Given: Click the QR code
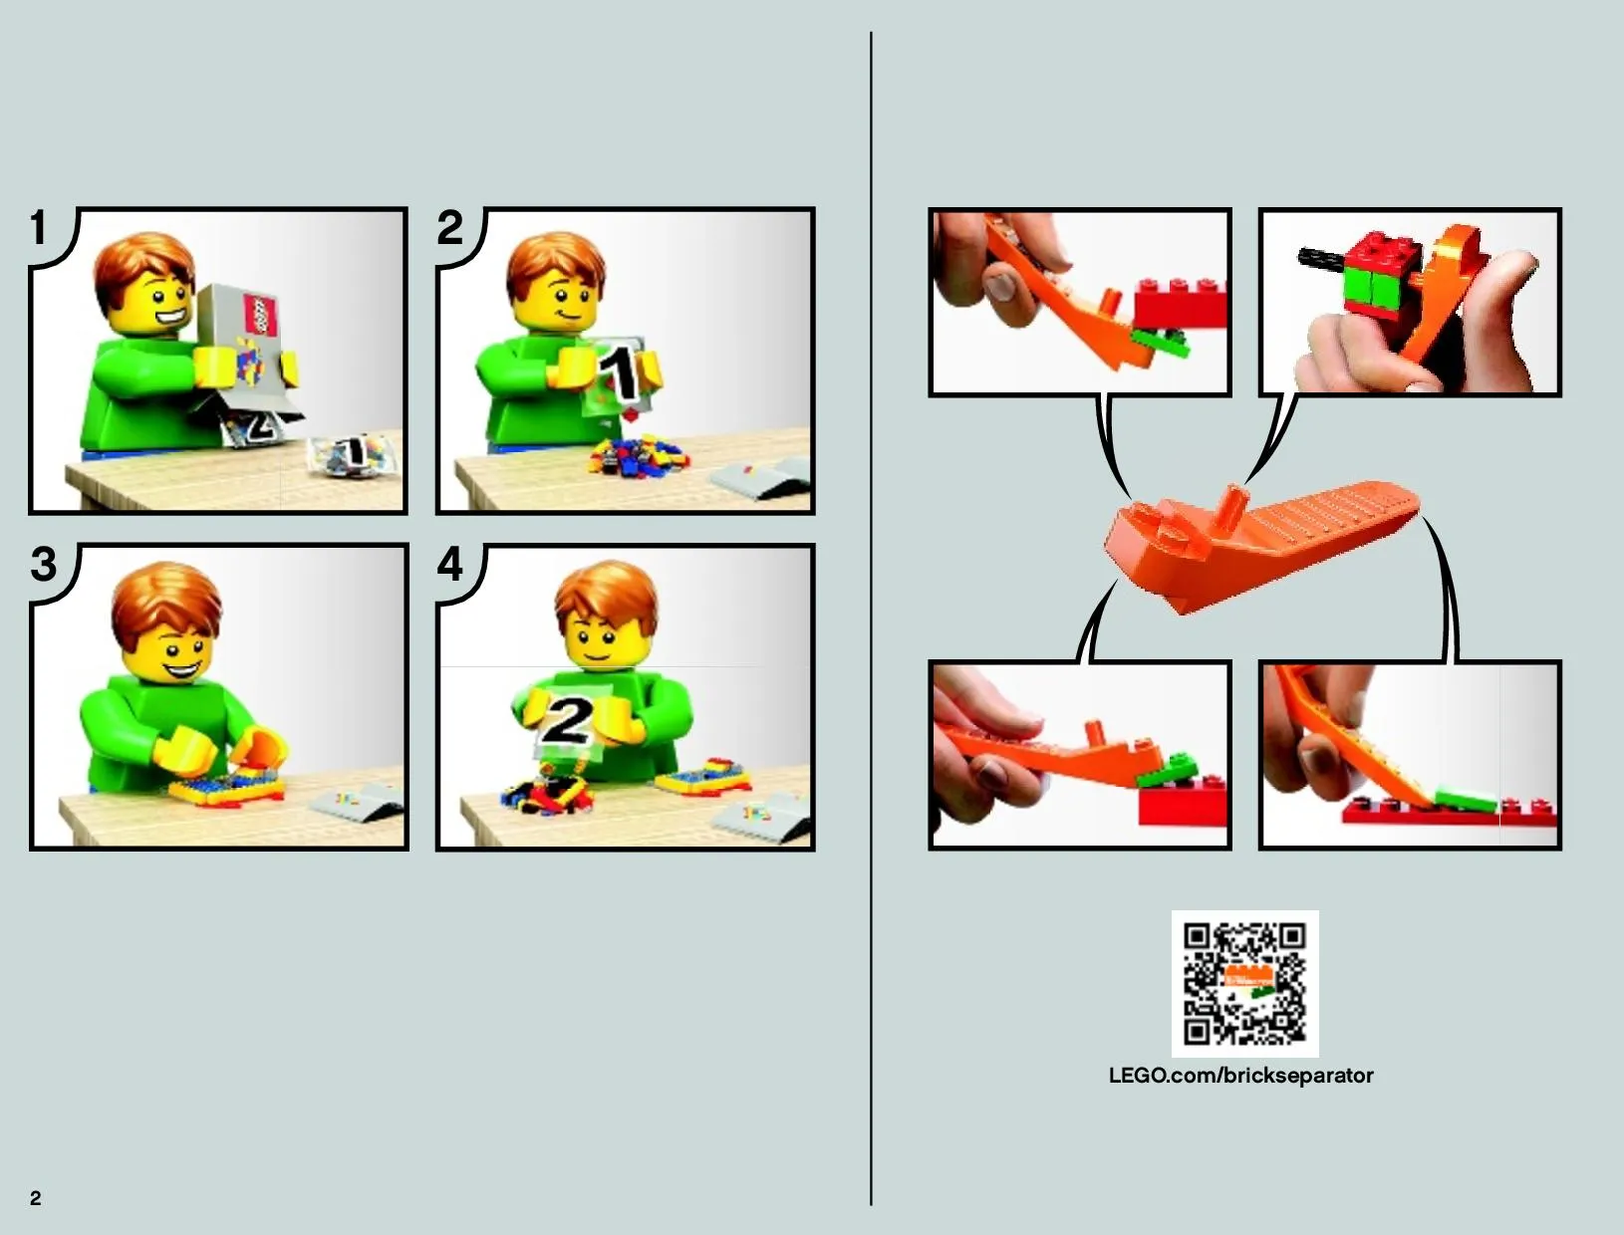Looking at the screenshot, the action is click(1244, 984).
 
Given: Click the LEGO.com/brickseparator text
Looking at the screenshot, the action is click(1240, 1076).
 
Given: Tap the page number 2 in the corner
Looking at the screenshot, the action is click(36, 1198).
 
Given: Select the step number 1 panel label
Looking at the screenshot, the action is click(40, 227).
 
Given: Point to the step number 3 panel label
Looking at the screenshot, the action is click(44, 565).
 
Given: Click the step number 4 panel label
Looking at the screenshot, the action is click(449, 565).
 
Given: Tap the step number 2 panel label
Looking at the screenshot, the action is click(449, 227).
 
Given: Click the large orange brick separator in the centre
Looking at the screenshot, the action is click(1262, 544).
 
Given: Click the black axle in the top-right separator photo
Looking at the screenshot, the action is click(1321, 260).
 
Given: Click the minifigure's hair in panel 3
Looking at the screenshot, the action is click(166, 602).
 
